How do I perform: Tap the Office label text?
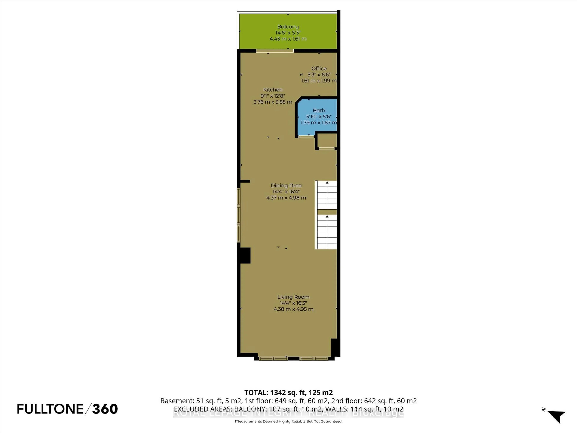(x=319, y=68)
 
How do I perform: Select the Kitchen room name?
(x=273, y=89)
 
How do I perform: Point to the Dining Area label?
(x=286, y=186)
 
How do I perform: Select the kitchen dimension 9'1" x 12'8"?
(x=273, y=96)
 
